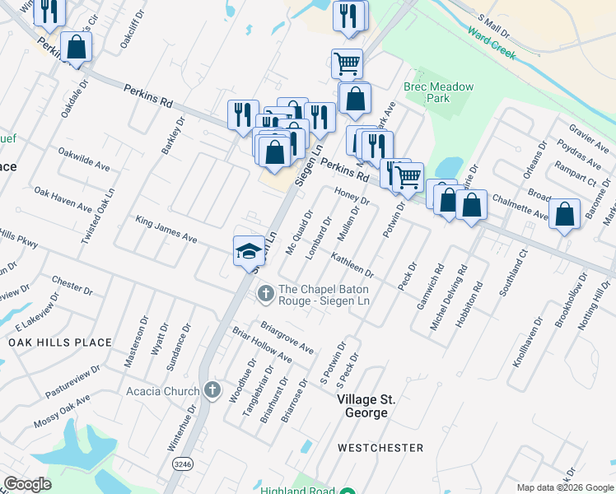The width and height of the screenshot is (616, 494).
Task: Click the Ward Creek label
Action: [491, 44]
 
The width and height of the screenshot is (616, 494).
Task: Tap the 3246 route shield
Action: [184, 464]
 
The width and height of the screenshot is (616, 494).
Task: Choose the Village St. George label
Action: [366, 405]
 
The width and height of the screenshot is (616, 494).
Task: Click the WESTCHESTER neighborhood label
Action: [380, 448]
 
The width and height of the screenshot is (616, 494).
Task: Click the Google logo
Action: [27, 484]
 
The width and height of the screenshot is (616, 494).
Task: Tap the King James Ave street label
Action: [166, 230]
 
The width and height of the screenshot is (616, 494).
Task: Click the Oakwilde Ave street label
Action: [83, 159]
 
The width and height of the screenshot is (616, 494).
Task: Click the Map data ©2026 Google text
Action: [564, 487]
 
